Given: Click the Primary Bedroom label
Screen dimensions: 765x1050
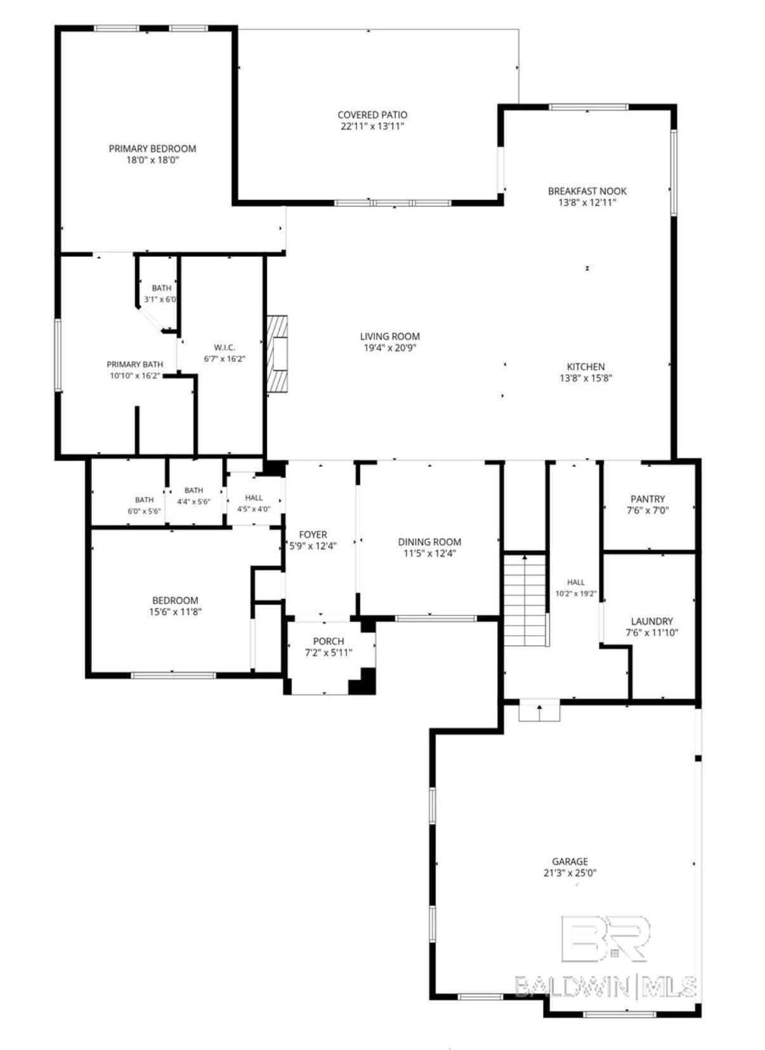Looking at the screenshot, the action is click(152, 148).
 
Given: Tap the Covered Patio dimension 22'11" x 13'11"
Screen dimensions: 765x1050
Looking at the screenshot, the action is click(372, 126).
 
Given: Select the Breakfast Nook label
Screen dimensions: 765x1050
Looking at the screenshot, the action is click(587, 191).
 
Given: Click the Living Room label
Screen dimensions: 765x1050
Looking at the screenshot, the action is click(390, 336).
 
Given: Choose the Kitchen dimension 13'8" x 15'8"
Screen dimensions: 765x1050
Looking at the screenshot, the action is click(586, 378).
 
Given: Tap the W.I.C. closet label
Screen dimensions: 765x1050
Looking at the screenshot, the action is click(225, 347).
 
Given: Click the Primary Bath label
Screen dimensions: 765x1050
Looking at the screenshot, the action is click(135, 364).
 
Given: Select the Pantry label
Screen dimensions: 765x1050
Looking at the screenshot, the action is click(648, 499).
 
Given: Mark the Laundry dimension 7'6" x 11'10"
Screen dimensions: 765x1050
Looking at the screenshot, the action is click(651, 633).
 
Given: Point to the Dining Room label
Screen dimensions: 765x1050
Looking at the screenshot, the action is click(430, 542).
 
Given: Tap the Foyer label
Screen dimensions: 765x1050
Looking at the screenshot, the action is click(313, 534).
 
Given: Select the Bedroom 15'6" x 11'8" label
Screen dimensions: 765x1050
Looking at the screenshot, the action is click(175, 600).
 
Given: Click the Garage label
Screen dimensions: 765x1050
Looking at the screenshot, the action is click(570, 861).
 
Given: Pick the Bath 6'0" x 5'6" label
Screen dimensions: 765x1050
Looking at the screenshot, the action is click(145, 500).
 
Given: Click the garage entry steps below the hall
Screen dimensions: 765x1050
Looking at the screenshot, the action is click(539, 712).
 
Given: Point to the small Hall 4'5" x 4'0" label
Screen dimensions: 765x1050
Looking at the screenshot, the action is click(254, 498).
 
